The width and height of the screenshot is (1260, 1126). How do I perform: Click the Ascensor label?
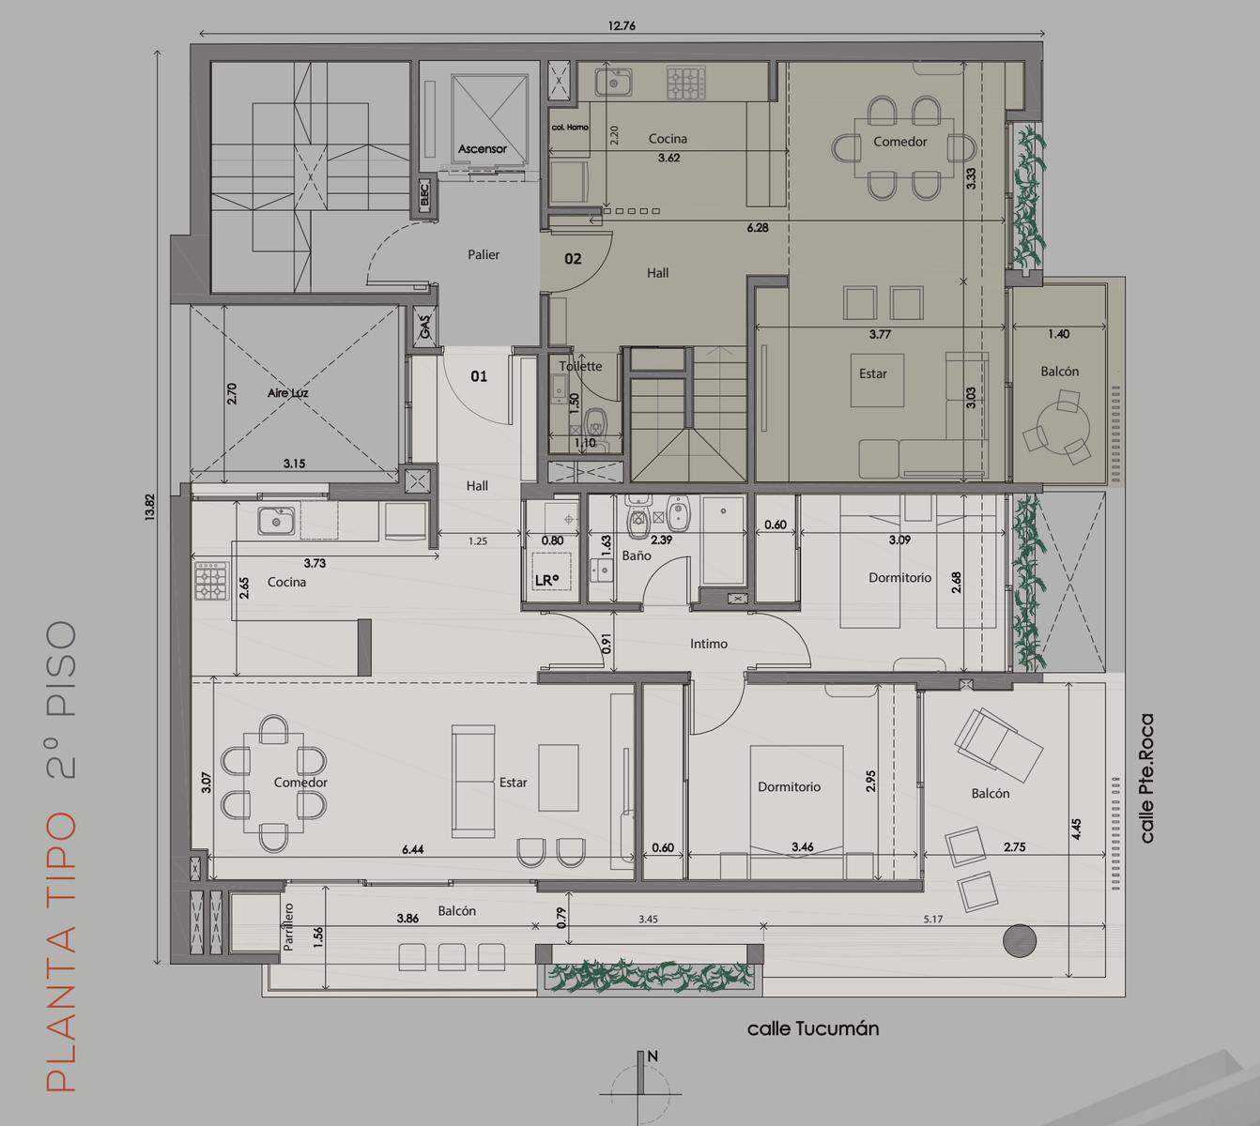482,148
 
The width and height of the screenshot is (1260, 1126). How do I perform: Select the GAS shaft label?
425,326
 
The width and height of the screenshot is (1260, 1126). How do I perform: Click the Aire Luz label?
287,393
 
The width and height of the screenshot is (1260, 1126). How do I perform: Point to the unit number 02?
573,259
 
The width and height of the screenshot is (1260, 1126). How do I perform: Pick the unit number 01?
479,376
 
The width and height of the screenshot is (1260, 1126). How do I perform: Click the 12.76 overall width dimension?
622,26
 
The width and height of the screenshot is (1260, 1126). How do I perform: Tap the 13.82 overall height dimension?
150,507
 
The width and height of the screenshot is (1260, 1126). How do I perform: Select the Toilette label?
580,366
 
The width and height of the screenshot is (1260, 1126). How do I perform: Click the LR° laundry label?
546,580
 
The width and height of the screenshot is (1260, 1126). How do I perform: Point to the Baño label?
637,555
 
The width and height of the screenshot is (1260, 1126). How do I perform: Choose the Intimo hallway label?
708,644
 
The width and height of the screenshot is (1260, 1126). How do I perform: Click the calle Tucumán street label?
813,1028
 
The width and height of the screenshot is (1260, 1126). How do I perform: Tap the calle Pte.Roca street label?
1146,778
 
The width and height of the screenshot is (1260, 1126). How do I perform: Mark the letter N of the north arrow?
653,1057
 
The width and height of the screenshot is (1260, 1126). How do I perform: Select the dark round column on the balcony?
1020,941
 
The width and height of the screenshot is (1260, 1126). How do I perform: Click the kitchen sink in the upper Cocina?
613,82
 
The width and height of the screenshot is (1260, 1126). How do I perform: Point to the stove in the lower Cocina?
212,581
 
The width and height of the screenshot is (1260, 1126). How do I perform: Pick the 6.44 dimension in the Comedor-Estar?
413,849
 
